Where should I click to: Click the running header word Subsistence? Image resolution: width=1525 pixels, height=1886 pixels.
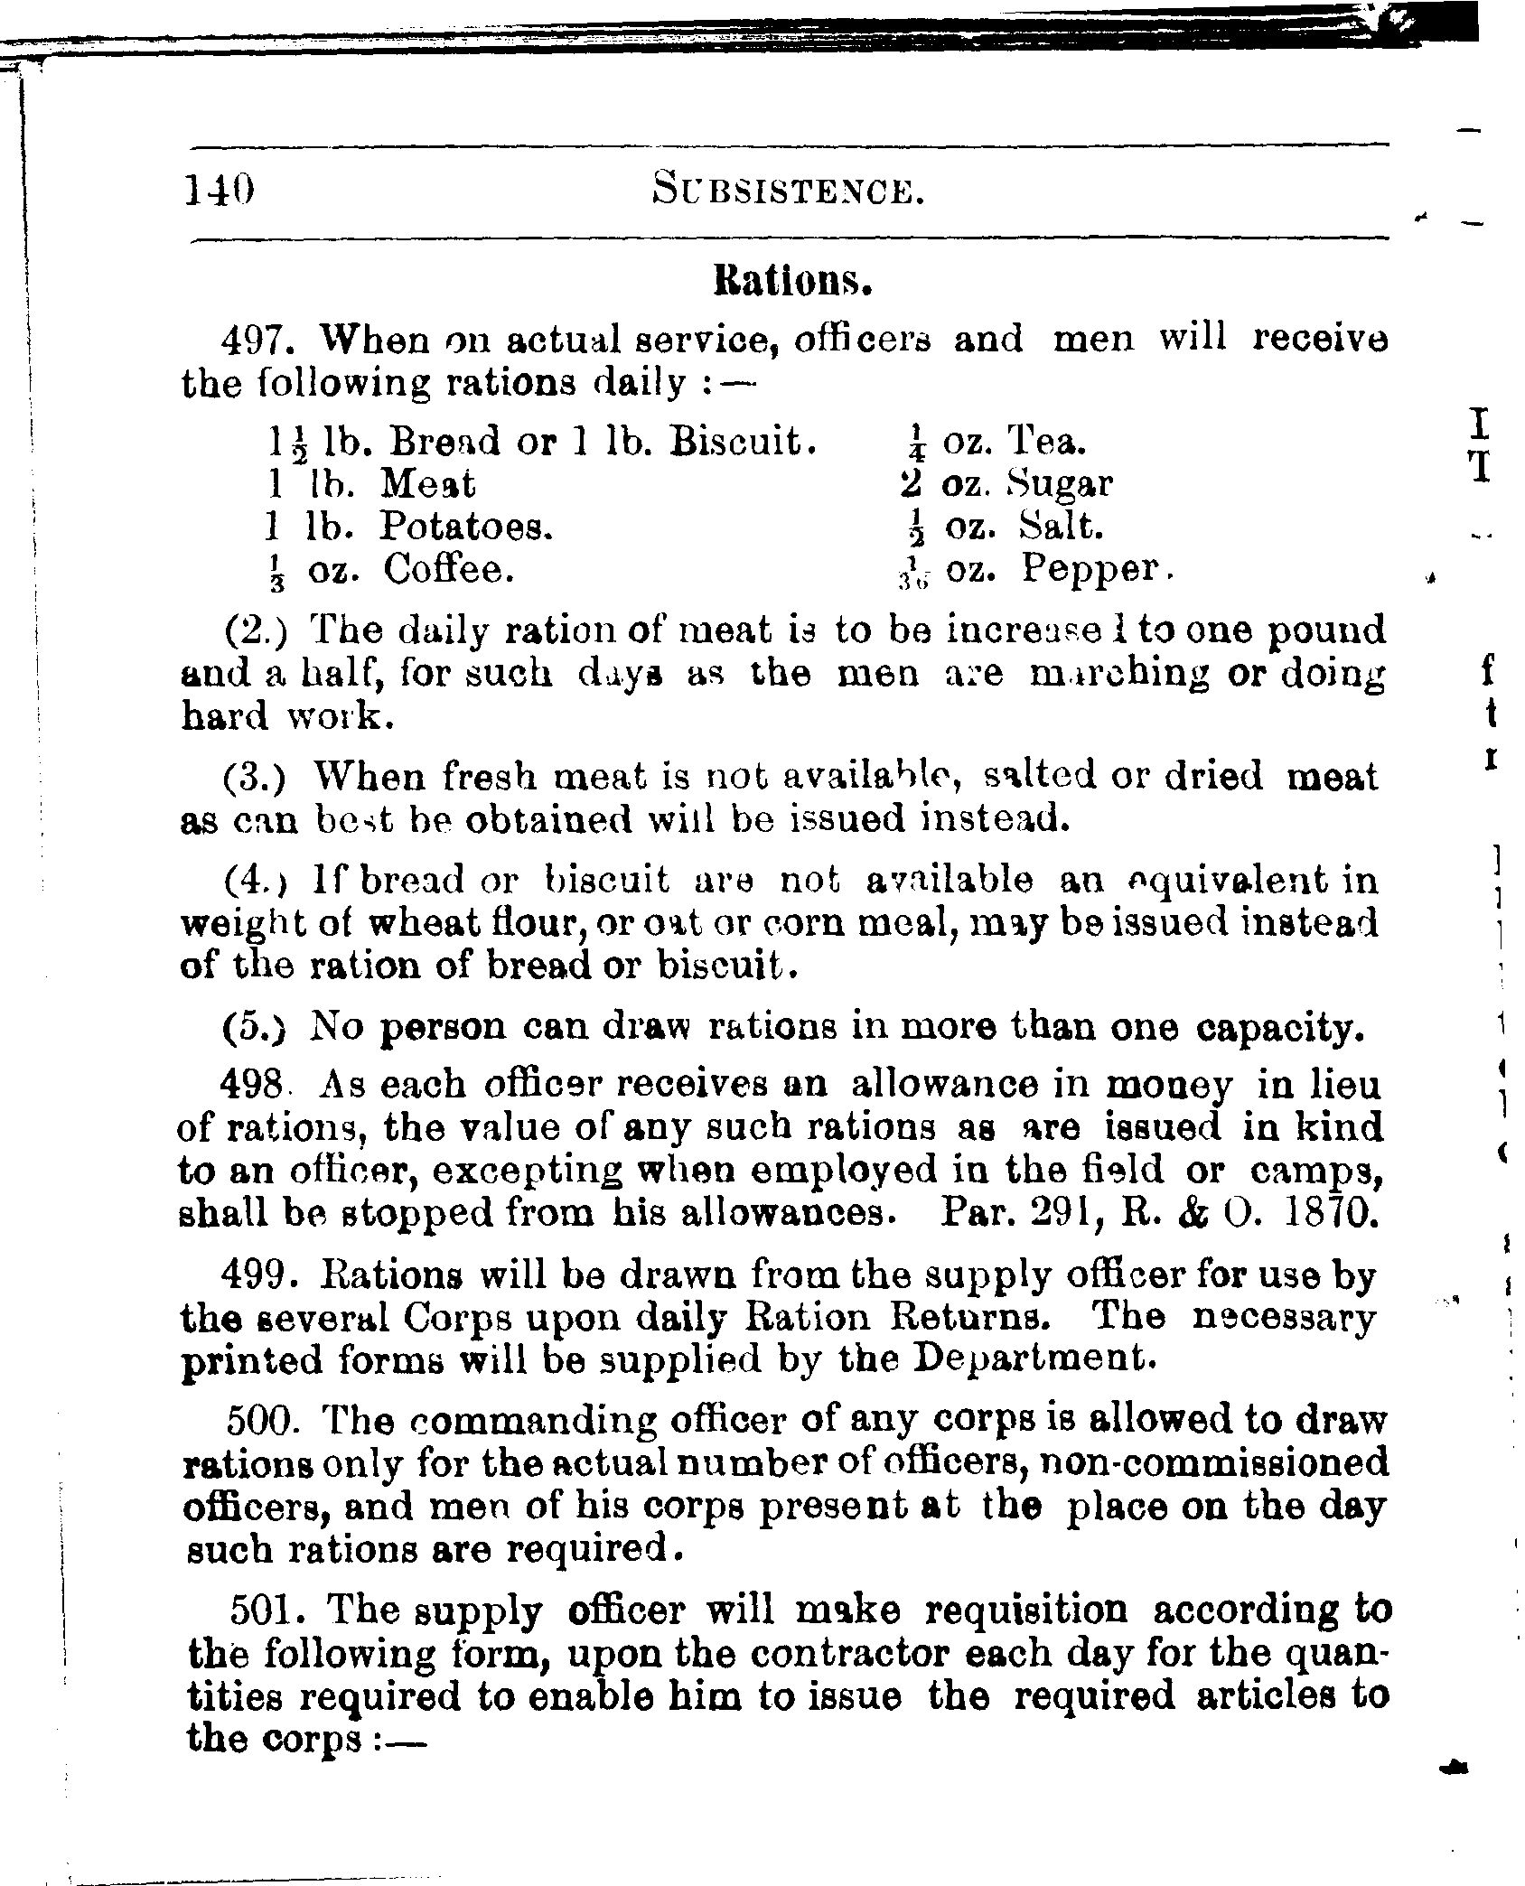(x=788, y=191)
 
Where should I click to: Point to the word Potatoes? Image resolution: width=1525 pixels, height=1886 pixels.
(x=465, y=526)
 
